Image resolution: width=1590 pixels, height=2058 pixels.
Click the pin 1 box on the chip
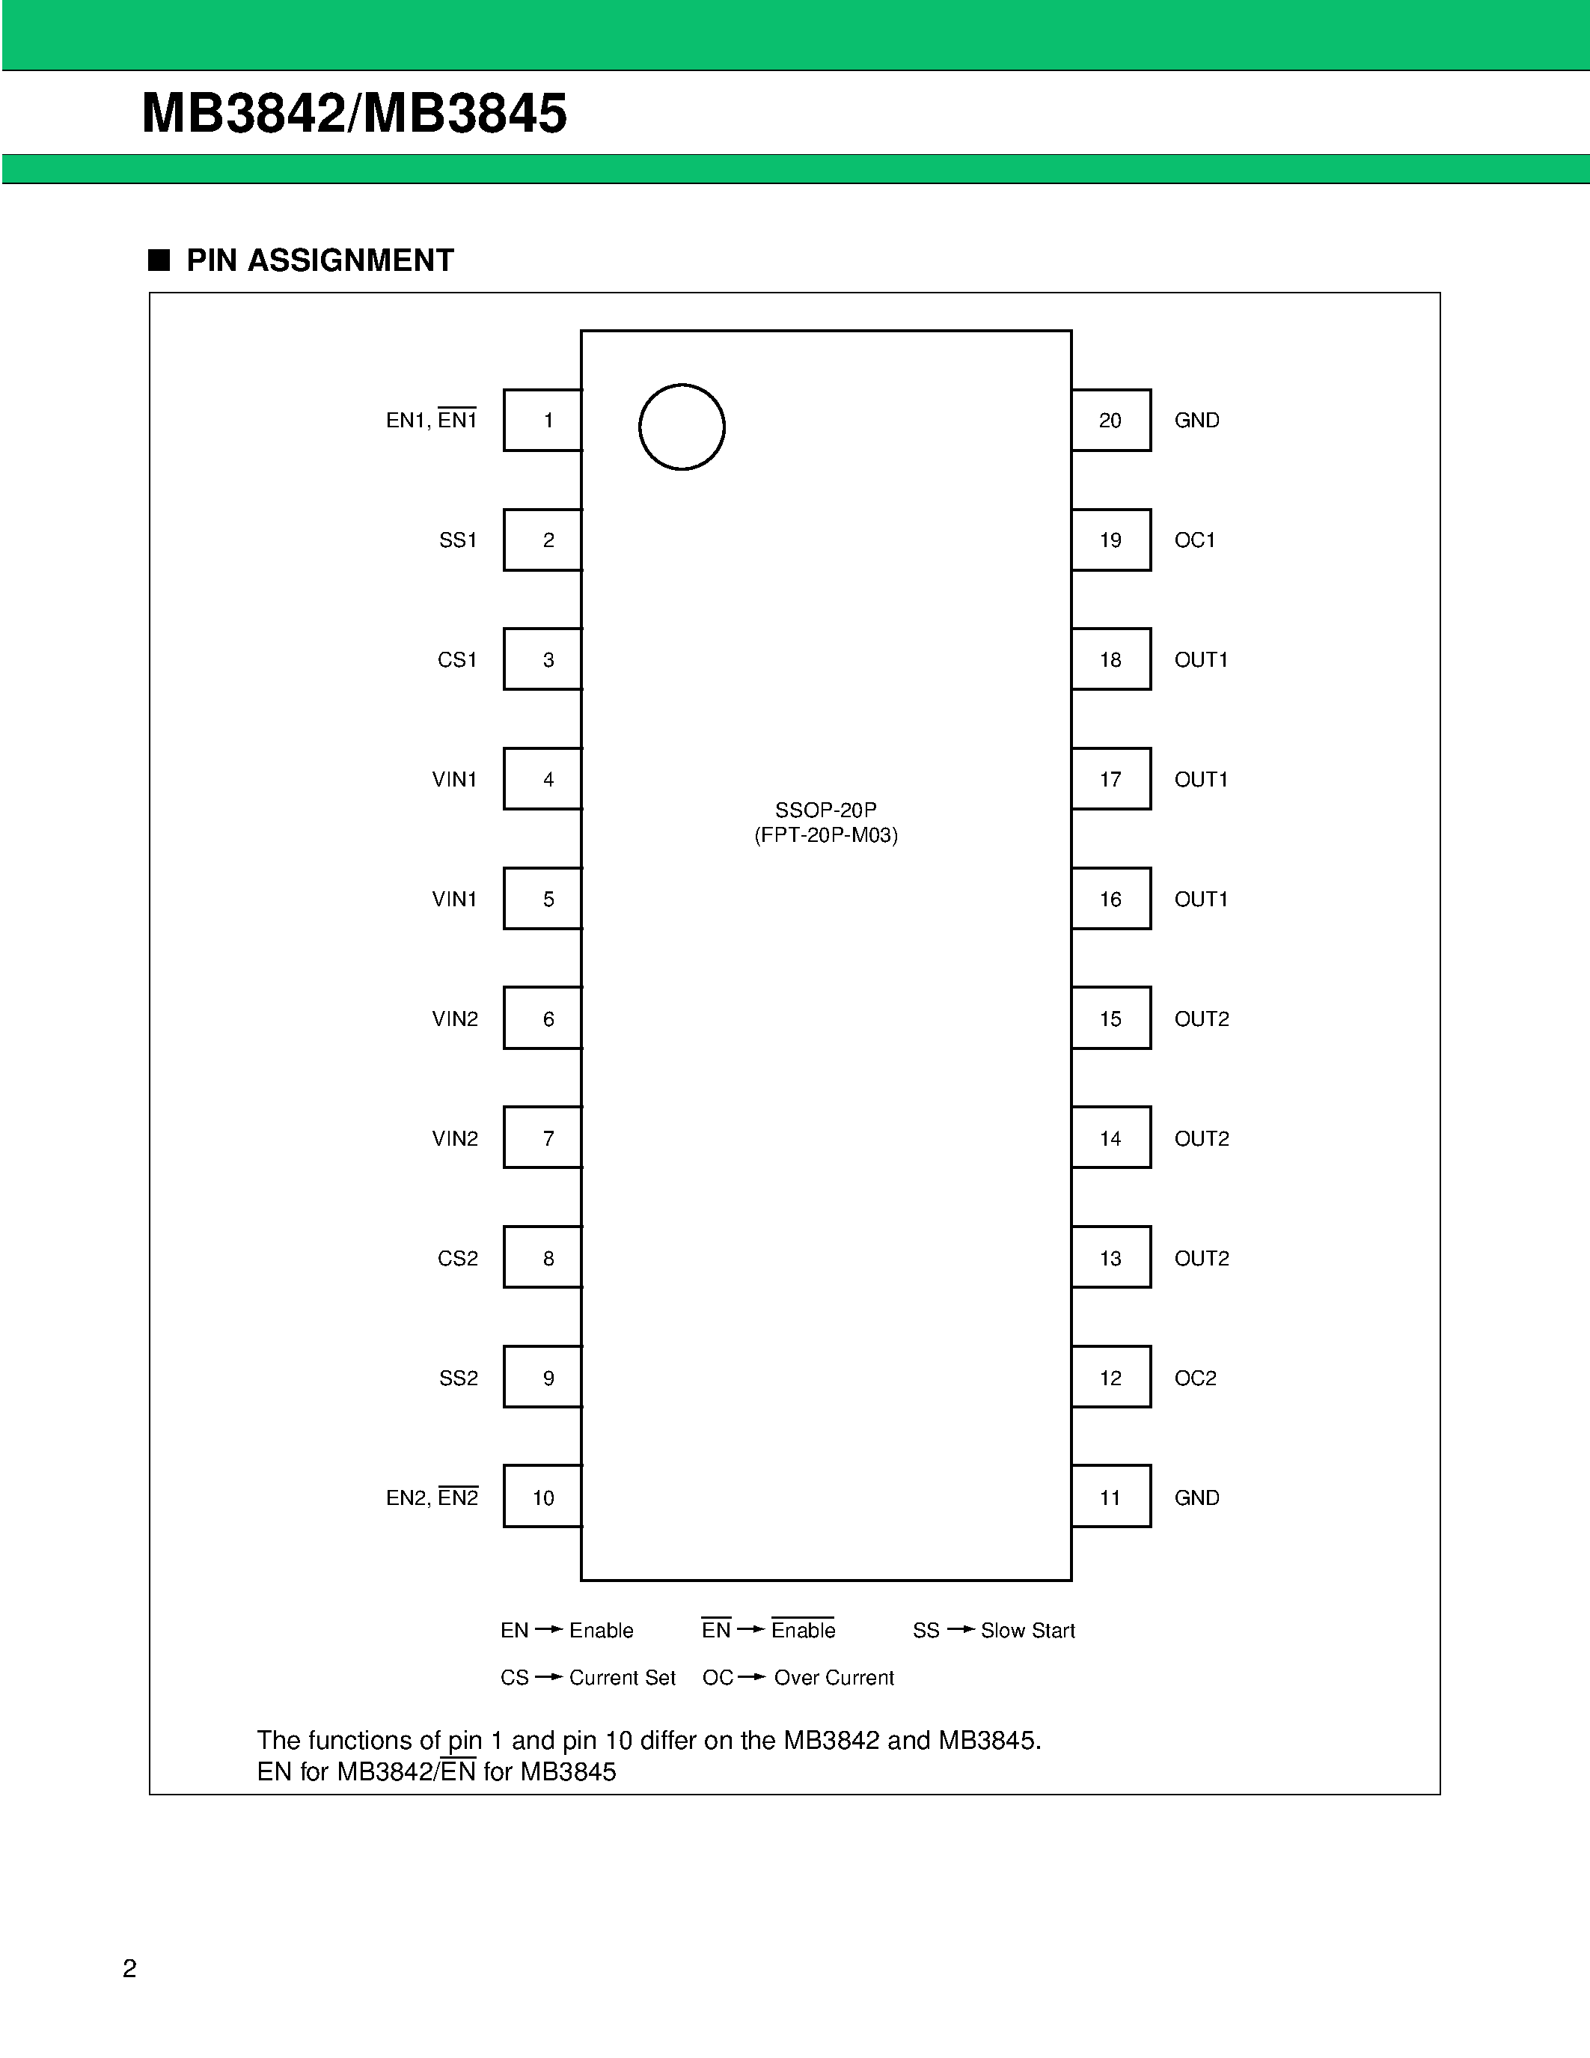tap(543, 421)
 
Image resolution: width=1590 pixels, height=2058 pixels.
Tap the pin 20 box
tap(1110, 421)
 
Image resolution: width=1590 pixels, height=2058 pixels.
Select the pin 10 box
tap(543, 1497)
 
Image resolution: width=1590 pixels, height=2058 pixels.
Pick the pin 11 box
tap(1110, 1497)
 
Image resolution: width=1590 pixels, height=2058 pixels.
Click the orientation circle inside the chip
tap(681, 427)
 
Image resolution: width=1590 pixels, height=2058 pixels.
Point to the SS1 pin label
tap(458, 540)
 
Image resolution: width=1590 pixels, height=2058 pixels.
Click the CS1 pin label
tap(457, 659)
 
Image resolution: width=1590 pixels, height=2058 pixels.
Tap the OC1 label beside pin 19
tap(1194, 540)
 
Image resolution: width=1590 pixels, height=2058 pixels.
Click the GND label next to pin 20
tap(1196, 421)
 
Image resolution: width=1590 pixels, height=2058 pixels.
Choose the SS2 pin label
tap(458, 1378)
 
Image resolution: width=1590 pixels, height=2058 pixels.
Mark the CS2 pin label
tap(458, 1258)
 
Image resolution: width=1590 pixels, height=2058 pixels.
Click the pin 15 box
tap(1110, 1019)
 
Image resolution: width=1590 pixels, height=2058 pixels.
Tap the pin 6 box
tap(543, 1019)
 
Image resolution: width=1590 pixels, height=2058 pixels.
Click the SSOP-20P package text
tap(825, 810)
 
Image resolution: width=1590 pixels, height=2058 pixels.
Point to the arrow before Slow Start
tap(960, 1629)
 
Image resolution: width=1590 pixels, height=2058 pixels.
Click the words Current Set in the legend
tap(622, 1677)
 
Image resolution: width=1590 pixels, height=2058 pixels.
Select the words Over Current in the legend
tap(834, 1677)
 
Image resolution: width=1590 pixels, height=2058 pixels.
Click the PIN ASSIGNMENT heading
tap(319, 260)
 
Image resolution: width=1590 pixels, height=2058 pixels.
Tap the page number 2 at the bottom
tap(130, 1968)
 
